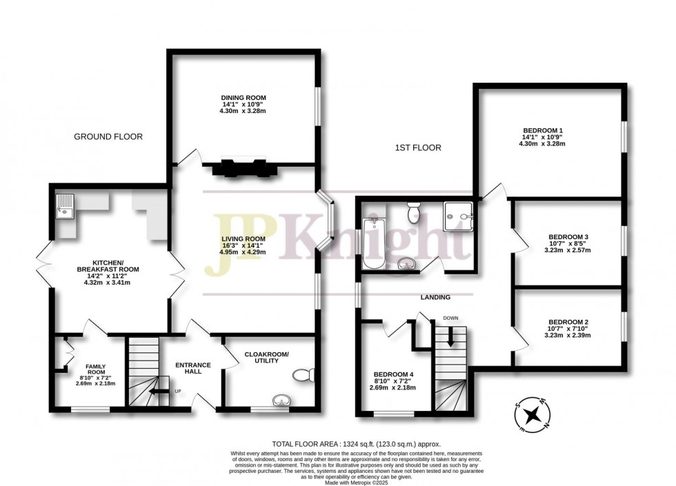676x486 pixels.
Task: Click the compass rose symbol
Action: pos(532,414)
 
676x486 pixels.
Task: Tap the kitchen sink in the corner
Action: pos(64,205)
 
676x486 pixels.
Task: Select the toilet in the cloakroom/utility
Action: pos(304,375)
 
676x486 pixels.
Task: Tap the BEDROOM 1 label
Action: pos(543,131)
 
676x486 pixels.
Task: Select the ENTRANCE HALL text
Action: pos(193,368)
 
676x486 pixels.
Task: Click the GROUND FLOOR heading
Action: pos(108,137)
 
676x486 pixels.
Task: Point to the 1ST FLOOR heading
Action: pos(418,148)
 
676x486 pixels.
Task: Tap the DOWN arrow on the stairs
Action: pos(450,336)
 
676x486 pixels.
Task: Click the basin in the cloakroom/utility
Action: pos(282,400)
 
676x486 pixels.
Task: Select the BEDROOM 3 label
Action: pos(568,236)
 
